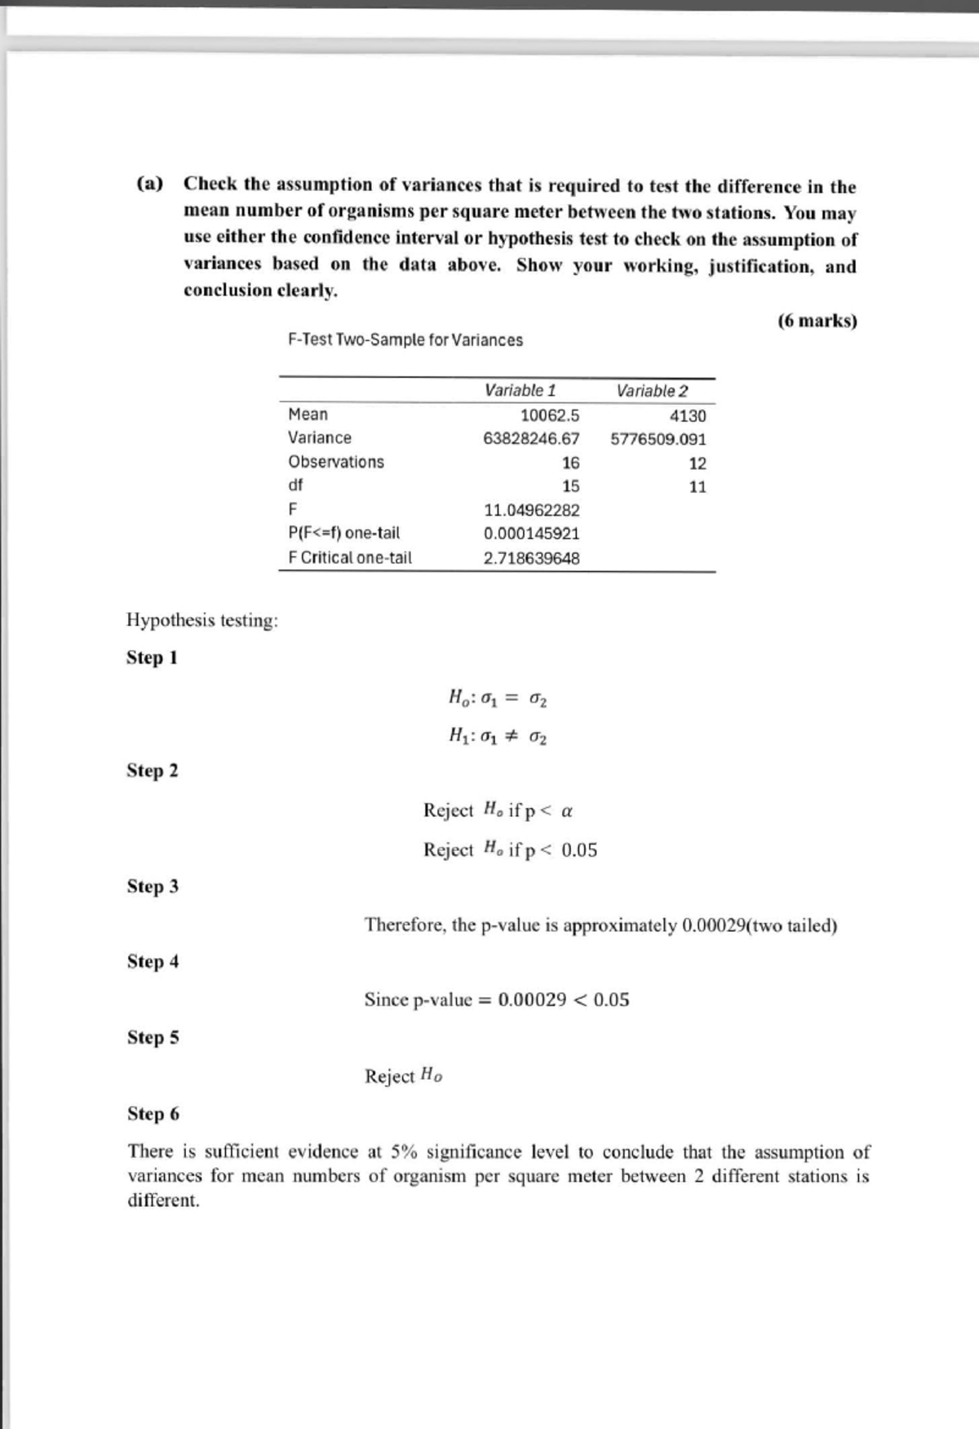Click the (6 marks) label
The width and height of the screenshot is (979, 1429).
click(x=817, y=321)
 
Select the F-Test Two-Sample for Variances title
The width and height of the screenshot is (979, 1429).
click(x=405, y=340)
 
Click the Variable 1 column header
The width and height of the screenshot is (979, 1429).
click(x=520, y=390)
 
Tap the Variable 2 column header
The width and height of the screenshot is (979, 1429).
click(x=652, y=391)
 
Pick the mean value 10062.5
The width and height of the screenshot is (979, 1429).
click(x=550, y=415)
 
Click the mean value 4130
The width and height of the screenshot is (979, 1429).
click(x=688, y=416)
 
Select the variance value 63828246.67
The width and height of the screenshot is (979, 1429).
click(x=531, y=439)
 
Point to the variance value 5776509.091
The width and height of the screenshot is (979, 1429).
click(x=658, y=439)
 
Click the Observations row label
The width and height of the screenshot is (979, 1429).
click(x=336, y=462)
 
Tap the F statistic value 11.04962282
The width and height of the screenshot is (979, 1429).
click(x=531, y=511)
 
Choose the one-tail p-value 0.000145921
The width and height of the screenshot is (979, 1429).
click(x=531, y=534)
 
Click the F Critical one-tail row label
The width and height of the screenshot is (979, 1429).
click(x=350, y=558)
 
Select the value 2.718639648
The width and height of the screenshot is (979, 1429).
click(x=531, y=559)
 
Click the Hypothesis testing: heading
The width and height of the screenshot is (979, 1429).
click(x=202, y=620)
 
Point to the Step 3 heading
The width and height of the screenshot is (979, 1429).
click(x=153, y=886)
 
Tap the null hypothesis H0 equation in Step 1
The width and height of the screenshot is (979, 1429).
click(x=498, y=699)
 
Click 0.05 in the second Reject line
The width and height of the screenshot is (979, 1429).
click(x=579, y=850)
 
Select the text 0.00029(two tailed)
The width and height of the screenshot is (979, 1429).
click(x=759, y=925)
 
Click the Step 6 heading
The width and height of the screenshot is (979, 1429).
click(x=153, y=1114)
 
